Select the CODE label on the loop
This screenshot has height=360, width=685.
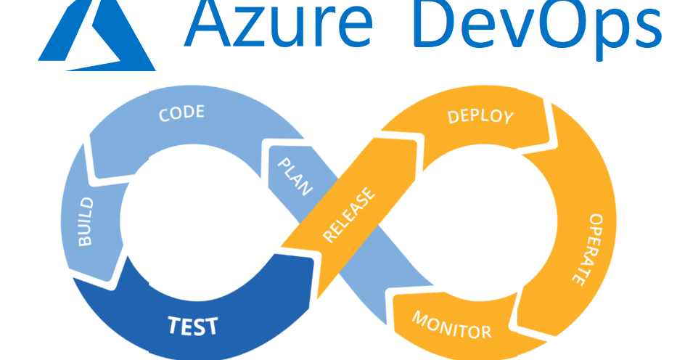click(x=181, y=114)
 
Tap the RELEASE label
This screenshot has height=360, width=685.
click(x=350, y=216)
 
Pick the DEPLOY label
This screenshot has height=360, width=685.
click(x=480, y=116)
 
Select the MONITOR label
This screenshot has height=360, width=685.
click(x=451, y=325)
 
